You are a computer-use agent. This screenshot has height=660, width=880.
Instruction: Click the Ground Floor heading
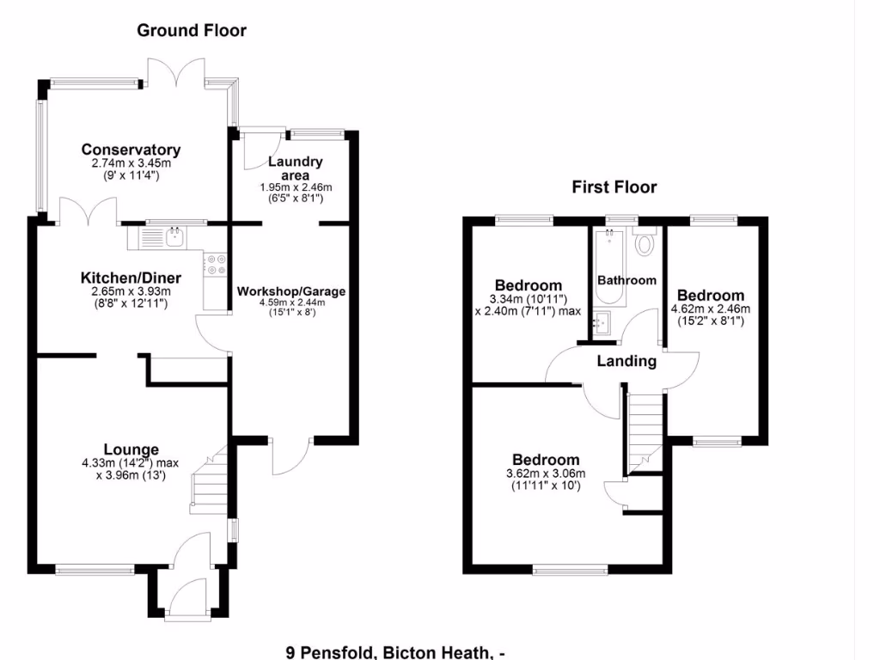coord(192,31)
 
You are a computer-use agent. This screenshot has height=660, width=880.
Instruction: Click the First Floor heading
coord(614,187)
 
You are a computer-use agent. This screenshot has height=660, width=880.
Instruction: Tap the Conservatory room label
coord(131,150)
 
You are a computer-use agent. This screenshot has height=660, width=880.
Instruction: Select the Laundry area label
coord(295,168)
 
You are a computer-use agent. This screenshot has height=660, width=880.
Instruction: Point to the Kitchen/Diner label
coord(125,278)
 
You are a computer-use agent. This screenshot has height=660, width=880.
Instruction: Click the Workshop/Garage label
coord(291,291)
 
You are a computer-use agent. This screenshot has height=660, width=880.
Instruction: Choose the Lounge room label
coord(131,449)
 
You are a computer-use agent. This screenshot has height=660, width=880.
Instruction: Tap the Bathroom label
coord(626,280)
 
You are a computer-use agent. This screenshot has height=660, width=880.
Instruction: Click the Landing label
coord(626,362)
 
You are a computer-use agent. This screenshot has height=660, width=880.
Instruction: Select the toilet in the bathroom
coord(644,243)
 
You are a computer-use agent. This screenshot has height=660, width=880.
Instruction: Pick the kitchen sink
coord(175,235)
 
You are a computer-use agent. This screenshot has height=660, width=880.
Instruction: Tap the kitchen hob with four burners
coord(214,264)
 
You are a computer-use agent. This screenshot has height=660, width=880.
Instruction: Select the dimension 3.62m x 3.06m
coord(546,474)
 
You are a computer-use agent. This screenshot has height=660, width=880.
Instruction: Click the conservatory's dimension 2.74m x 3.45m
coord(131,163)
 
